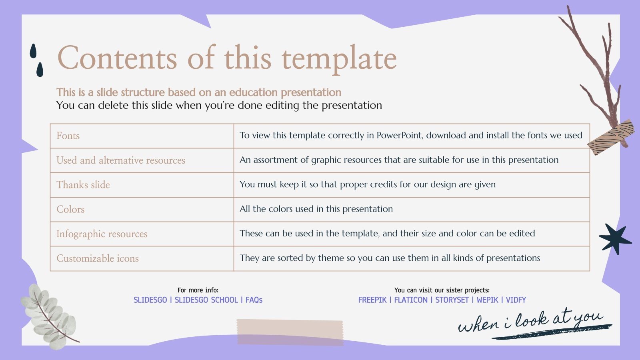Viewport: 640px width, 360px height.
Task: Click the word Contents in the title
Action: [117, 58]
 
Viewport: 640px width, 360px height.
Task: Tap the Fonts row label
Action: [68, 136]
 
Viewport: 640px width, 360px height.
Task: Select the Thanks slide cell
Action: [83, 185]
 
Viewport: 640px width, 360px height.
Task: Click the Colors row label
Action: [70, 209]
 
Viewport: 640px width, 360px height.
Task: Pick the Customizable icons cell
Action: [98, 258]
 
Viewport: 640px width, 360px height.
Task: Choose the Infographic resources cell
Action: [102, 234]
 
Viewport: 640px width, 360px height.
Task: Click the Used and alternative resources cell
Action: [120, 160]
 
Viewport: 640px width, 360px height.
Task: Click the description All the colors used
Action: [316, 209]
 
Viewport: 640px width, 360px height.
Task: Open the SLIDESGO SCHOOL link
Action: [206, 300]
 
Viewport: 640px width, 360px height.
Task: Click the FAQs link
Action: [254, 300]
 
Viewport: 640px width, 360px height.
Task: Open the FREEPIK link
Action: [372, 300]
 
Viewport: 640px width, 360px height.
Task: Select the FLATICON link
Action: [411, 300]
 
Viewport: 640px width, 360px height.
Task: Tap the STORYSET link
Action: [452, 300]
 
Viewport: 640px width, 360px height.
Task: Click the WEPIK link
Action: [488, 300]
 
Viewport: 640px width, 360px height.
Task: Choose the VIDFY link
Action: [516, 300]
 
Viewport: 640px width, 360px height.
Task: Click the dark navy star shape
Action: [614, 238]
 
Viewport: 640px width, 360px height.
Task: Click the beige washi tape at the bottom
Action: [290, 332]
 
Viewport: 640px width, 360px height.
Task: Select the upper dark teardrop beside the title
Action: [33, 51]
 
